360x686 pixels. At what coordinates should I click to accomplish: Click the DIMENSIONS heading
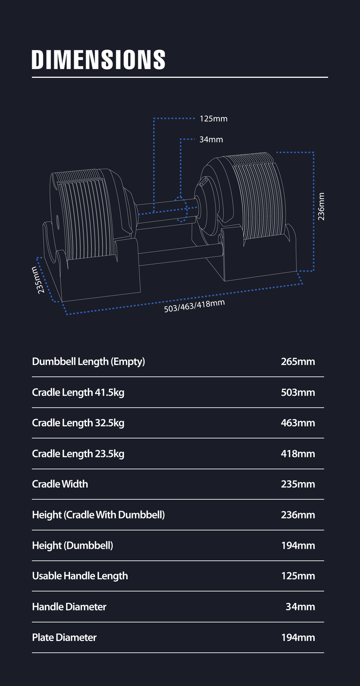tap(98, 60)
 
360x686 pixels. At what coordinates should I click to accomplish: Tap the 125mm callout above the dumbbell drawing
tap(214, 119)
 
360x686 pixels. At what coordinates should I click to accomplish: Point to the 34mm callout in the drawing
tap(211, 140)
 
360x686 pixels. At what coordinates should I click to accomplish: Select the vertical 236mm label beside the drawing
tap(321, 206)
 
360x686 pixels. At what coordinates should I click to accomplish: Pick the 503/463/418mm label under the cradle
tap(194, 306)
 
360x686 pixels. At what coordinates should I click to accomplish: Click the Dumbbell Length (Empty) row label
tap(88, 361)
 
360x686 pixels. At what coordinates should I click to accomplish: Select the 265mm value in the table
tap(298, 361)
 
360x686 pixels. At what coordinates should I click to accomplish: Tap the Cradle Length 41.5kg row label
tap(78, 393)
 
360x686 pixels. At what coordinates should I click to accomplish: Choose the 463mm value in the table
tap(298, 423)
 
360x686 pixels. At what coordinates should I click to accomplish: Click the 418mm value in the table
tap(298, 454)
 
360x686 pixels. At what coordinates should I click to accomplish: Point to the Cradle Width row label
tap(60, 484)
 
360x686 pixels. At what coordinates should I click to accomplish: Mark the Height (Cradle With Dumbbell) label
tap(98, 515)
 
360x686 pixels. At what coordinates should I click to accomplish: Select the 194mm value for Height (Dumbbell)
tap(298, 545)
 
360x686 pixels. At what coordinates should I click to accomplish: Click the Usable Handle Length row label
tap(80, 576)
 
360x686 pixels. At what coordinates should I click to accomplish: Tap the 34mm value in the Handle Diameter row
tap(300, 607)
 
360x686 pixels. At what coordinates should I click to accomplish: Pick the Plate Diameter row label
tap(64, 638)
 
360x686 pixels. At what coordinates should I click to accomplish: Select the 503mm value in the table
tap(298, 393)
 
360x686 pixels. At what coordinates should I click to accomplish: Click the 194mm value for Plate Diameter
tap(298, 638)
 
